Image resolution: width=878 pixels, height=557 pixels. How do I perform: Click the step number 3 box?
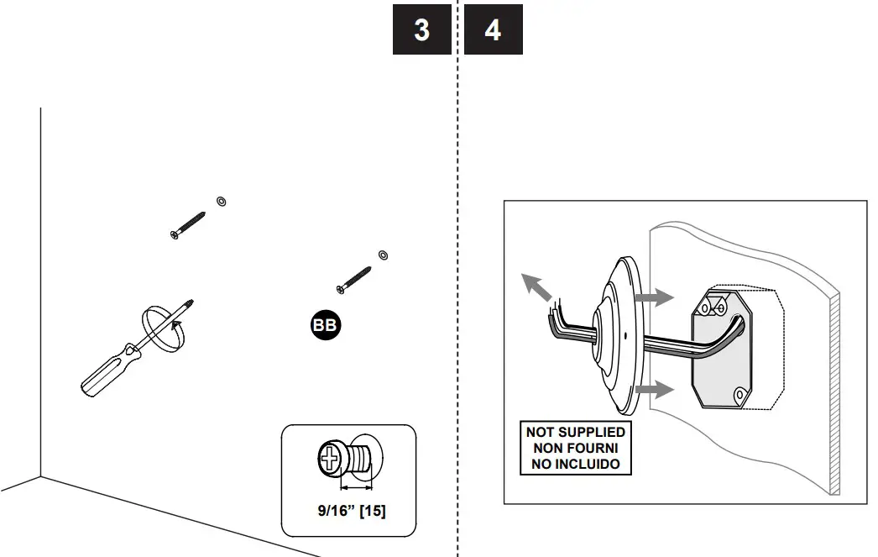click(x=421, y=30)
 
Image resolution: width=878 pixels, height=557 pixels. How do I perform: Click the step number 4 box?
click(x=493, y=30)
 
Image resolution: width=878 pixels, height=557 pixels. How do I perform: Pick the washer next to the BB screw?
click(x=383, y=253)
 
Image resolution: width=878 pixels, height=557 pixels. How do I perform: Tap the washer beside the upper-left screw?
click(x=221, y=201)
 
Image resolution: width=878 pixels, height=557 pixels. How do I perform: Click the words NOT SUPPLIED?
click(x=575, y=432)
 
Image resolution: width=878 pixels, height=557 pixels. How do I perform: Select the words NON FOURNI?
click(x=575, y=448)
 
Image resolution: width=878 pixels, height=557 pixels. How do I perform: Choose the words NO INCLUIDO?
click(x=575, y=464)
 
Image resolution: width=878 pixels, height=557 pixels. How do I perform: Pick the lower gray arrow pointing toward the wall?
click(x=654, y=389)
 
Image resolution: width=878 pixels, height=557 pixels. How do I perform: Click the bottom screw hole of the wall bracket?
click(x=739, y=394)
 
